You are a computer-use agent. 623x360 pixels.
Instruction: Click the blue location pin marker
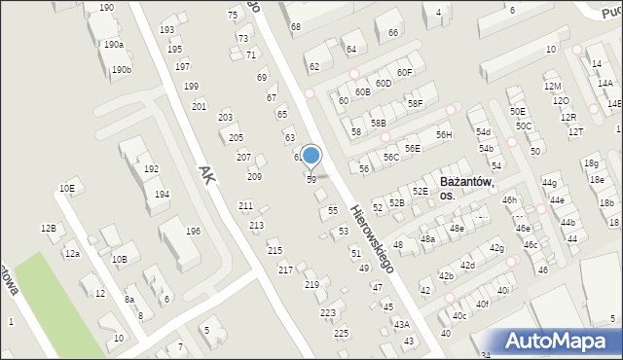(x=311, y=155)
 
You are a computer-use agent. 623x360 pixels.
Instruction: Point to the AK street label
(x=206, y=175)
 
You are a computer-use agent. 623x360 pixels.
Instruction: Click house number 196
(x=194, y=231)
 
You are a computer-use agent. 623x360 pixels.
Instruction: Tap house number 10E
(x=66, y=188)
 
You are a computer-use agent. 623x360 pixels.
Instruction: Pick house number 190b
(x=121, y=69)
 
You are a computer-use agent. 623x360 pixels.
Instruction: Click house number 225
(x=341, y=333)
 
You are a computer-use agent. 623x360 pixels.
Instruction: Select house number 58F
(x=416, y=103)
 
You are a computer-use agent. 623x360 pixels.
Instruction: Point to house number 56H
(x=444, y=135)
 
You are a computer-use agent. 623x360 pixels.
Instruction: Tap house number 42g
(x=496, y=248)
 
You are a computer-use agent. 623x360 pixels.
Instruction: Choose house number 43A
(x=401, y=324)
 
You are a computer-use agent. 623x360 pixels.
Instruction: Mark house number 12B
(x=48, y=228)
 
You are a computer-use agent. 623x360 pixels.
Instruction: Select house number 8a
(x=128, y=301)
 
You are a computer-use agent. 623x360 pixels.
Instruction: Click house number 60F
(x=405, y=72)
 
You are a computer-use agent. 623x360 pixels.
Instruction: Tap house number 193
(x=167, y=30)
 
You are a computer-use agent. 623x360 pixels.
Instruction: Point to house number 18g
(x=591, y=162)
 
